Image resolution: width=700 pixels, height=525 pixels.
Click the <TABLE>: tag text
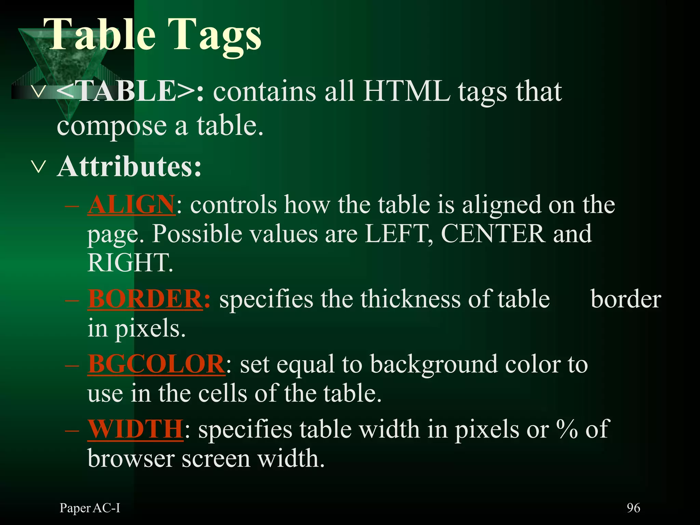pyautogui.click(x=130, y=92)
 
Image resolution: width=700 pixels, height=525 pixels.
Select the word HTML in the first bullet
pyautogui.click(x=407, y=92)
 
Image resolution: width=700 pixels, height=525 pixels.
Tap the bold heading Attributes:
pyautogui.click(x=129, y=167)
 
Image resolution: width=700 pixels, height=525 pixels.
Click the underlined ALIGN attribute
pyautogui.click(x=132, y=205)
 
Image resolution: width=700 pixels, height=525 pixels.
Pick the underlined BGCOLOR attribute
pyautogui.click(x=156, y=364)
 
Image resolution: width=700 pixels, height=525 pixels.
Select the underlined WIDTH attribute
pyautogui.click(x=135, y=429)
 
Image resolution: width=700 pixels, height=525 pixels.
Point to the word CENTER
pyautogui.click(x=493, y=234)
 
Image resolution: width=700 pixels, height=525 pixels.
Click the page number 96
pyautogui.click(x=633, y=508)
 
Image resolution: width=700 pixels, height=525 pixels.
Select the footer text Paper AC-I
pyautogui.click(x=90, y=508)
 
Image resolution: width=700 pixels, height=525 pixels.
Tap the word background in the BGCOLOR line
pyautogui.click(x=434, y=365)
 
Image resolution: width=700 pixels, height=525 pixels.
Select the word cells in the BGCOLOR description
pyautogui.click(x=223, y=393)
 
